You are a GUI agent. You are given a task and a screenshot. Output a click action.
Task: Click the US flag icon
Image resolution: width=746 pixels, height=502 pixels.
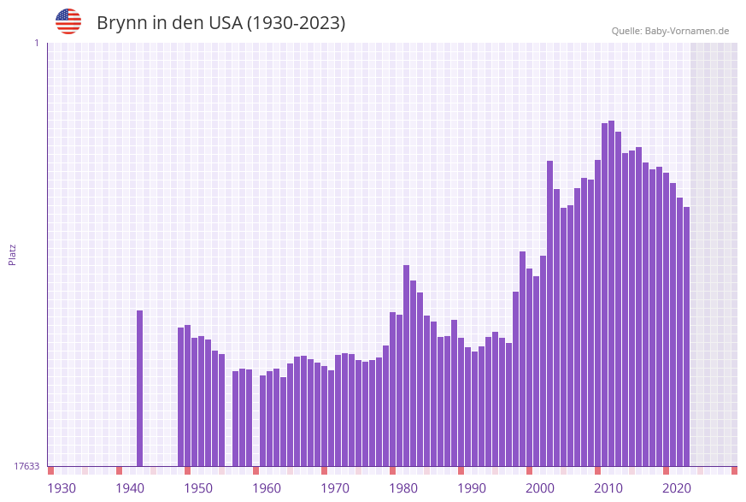(68, 21)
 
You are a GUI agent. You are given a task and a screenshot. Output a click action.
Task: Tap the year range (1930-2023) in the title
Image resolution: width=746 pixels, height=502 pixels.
(296, 23)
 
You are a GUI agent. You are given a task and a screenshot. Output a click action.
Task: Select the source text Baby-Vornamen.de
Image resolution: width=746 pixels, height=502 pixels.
(686, 31)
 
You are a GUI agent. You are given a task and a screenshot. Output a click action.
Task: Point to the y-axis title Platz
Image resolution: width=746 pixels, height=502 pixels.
(12, 255)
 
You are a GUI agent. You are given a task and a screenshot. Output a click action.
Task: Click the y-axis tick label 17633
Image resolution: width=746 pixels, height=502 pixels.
(26, 466)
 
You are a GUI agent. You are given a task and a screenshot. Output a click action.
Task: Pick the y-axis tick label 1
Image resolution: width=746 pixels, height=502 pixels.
(36, 43)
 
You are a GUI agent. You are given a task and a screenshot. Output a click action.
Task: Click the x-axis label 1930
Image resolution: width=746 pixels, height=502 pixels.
(62, 488)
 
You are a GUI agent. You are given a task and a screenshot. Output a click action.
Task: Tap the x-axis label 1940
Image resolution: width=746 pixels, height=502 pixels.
(130, 488)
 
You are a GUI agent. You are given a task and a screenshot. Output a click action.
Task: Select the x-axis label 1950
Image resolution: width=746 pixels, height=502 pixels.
(198, 488)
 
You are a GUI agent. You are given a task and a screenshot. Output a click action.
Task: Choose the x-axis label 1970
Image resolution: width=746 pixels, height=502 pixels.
(335, 488)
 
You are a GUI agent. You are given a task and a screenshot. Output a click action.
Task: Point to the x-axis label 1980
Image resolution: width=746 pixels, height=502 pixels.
(403, 488)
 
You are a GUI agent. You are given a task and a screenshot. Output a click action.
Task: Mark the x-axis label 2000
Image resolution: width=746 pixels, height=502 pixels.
(540, 488)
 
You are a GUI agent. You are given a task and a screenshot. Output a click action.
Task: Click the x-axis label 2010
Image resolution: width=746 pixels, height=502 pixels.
(608, 488)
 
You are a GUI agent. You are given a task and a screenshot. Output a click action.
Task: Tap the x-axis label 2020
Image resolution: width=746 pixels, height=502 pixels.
(677, 488)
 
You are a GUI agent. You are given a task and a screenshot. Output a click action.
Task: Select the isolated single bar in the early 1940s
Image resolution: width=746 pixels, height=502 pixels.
(139, 388)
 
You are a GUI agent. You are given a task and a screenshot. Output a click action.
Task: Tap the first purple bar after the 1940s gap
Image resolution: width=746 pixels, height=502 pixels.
(180, 397)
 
